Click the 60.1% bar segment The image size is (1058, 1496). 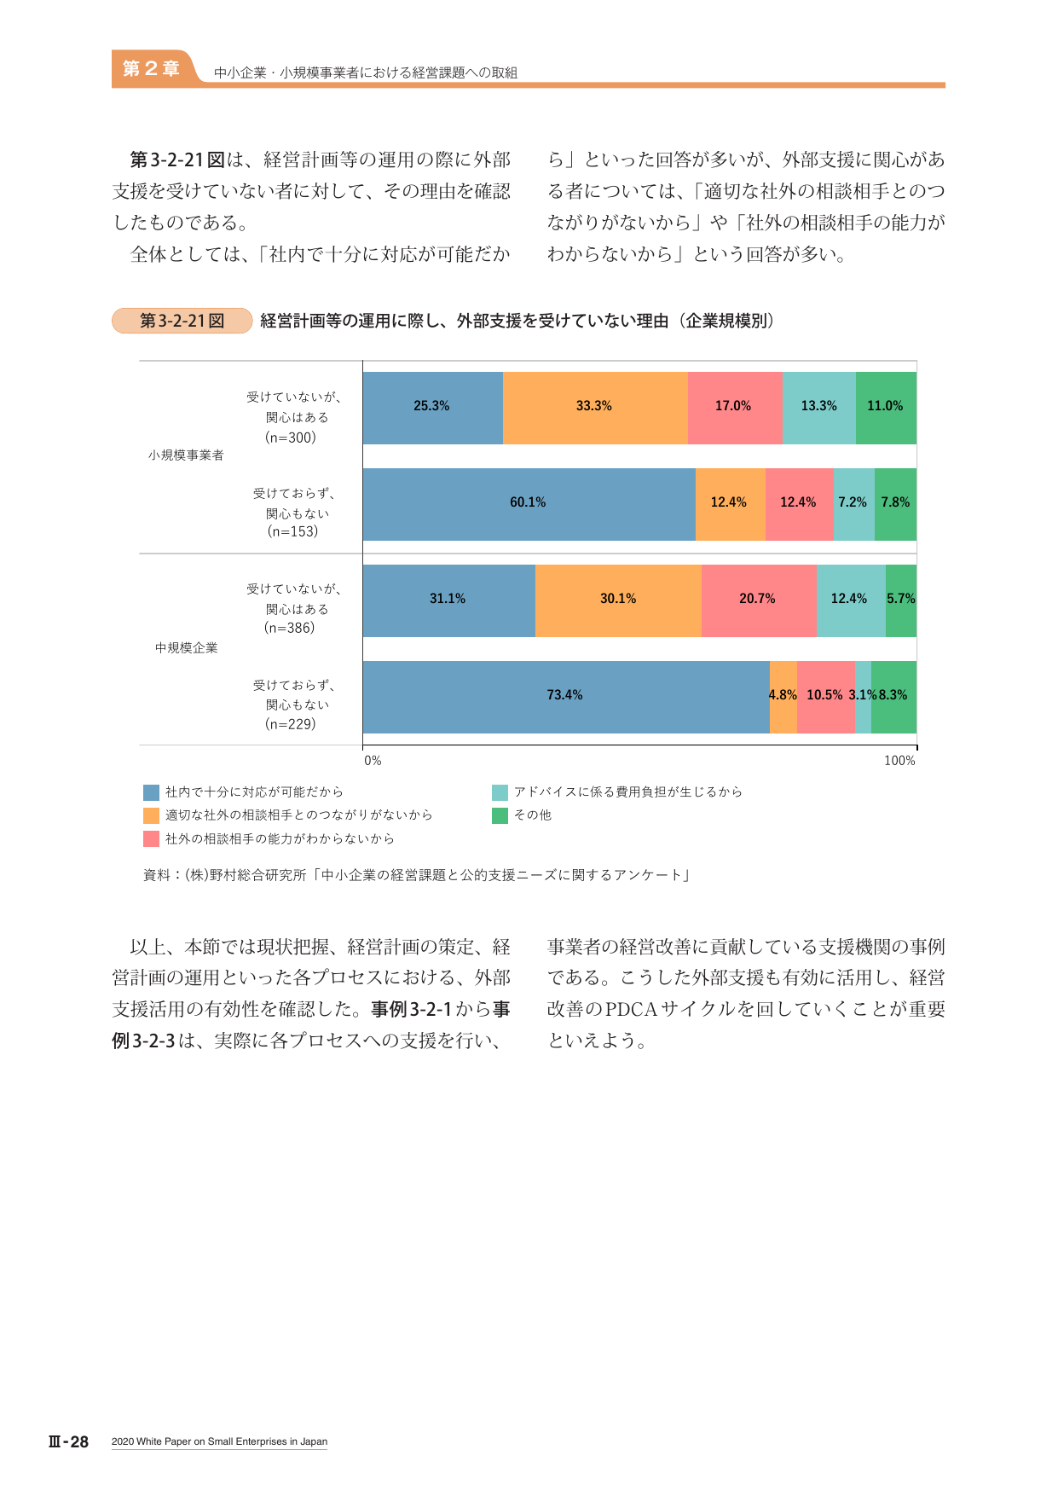coord(529,504)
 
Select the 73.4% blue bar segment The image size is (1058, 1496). coord(566,697)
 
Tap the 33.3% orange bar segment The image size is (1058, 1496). coord(595,408)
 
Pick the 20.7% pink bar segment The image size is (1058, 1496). coord(759,600)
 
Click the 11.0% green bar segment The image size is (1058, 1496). coord(886,408)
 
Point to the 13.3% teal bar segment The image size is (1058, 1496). coord(818,408)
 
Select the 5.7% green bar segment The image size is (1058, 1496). coord(901,600)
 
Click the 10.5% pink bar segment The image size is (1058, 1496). coord(826,697)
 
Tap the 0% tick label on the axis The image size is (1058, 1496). coord(373,761)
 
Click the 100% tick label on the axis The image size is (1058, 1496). coord(899,761)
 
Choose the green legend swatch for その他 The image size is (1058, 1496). coord(500,816)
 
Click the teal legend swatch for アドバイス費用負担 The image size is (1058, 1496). coord(500,792)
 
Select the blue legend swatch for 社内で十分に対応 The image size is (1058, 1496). coord(152,792)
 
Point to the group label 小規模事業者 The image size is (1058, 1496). coord(186,455)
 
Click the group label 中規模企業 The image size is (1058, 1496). coord(186,648)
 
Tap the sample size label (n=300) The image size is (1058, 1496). coord(291,438)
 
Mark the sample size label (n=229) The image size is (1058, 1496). coord(291,724)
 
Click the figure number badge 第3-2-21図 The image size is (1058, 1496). coord(182,321)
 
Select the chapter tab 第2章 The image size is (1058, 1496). coord(151,69)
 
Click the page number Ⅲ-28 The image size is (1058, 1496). coord(68,1441)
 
